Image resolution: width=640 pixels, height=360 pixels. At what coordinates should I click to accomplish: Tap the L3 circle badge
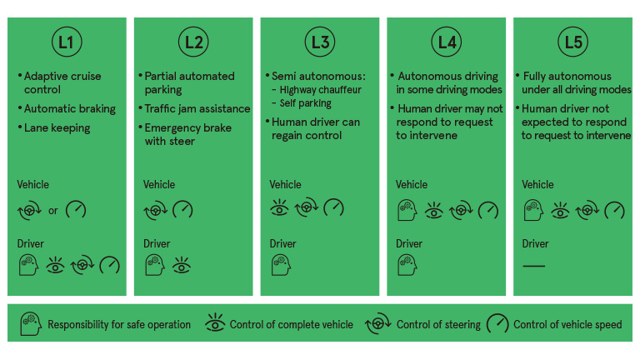pos(321,41)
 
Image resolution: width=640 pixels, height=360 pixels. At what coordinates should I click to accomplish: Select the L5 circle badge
pos(572,41)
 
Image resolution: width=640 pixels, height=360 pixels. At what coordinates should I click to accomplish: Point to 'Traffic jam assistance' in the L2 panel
pos(197,108)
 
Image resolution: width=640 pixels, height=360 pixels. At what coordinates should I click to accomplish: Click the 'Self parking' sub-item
pos(305,103)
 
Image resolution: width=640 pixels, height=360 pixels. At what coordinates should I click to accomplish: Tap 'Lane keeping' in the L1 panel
pos(57,127)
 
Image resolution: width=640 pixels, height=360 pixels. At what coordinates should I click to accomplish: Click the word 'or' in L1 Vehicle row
pos(53,210)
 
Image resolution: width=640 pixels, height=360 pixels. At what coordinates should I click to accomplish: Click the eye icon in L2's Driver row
pos(182,265)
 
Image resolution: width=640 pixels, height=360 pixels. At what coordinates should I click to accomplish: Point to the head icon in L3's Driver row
pos(281,265)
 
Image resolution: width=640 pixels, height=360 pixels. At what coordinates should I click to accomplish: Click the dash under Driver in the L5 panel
pos(533,265)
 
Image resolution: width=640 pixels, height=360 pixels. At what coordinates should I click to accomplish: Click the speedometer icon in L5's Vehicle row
pos(614,209)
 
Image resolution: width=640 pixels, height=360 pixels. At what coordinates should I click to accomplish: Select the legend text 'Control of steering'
pos(438,325)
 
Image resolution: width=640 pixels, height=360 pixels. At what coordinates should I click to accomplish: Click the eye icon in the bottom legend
pos(214,324)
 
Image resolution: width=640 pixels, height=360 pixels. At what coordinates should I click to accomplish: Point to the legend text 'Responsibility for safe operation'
pos(119,325)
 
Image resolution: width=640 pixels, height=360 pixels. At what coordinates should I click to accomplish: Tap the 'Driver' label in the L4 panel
pos(409,244)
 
